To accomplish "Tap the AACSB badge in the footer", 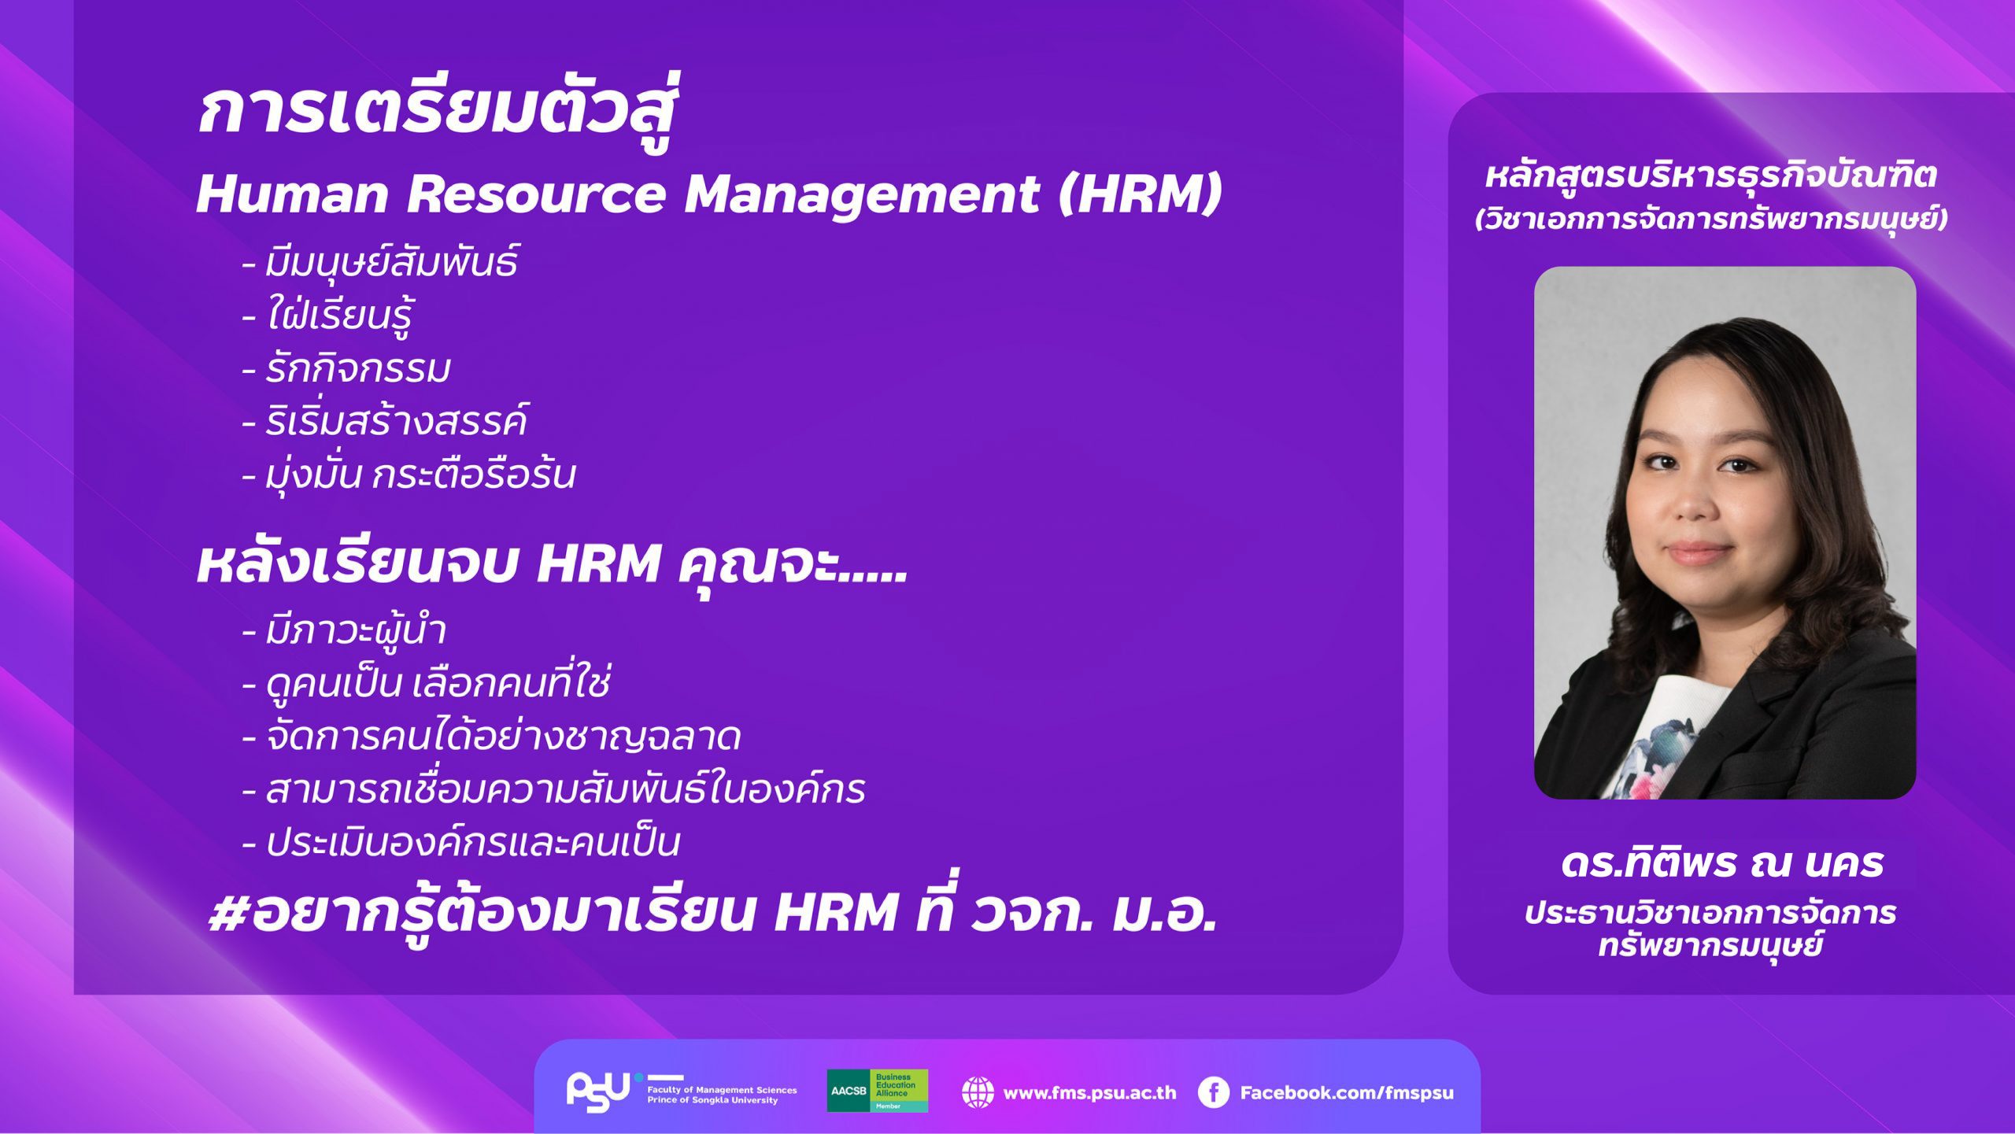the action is (877, 1091).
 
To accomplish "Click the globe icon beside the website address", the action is (978, 1092).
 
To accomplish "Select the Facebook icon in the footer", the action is (1213, 1092).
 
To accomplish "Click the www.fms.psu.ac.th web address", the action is (1089, 1092).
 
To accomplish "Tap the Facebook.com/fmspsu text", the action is (1347, 1092).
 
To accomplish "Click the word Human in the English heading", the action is (292, 194).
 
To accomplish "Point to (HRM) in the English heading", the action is (1140, 194).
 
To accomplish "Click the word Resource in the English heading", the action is (536, 194).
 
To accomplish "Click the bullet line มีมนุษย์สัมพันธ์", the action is (379, 262).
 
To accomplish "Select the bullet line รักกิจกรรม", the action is (346, 368).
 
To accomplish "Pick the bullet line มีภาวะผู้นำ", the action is (344, 630).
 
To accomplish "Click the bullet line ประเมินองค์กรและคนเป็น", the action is (460, 841).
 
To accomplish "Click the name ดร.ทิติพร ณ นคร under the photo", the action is (1721, 863).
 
